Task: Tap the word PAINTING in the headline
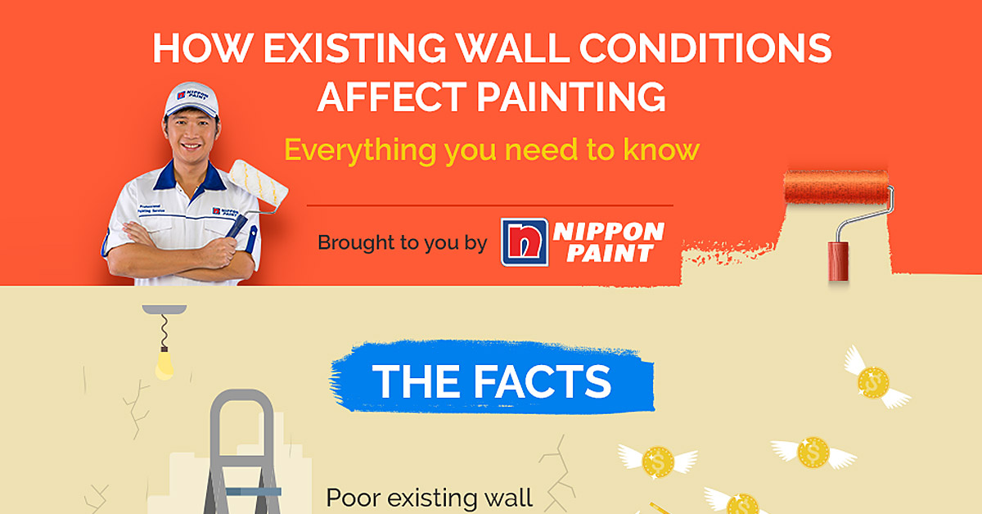572,97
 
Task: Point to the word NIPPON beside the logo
609,232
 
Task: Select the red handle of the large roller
837,261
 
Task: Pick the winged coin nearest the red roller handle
874,381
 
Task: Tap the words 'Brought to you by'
402,243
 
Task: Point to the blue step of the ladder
253,492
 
